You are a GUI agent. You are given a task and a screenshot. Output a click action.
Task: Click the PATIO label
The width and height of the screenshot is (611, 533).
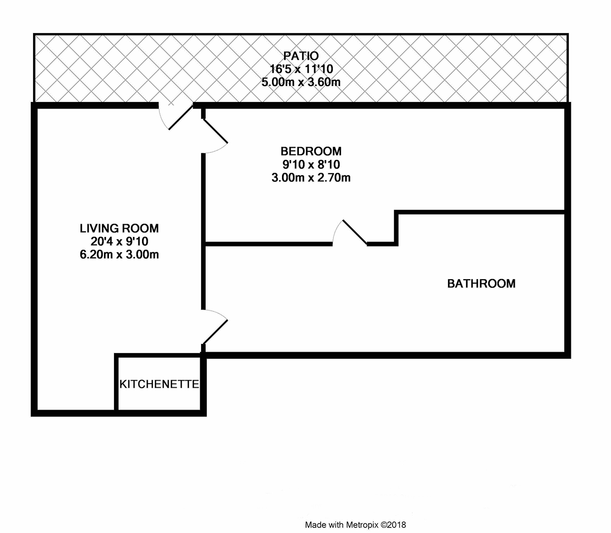(x=301, y=56)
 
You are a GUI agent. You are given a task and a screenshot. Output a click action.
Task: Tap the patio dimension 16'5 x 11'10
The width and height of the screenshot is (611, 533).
(x=301, y=69)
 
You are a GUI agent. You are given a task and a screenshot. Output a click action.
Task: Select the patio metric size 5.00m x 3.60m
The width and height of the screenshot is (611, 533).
(x=301, y=82)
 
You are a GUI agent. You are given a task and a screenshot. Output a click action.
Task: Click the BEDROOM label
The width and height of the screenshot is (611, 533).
(x=311, y=151)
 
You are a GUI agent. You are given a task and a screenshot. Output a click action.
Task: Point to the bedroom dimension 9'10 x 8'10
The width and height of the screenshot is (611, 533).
(x=311, y=165)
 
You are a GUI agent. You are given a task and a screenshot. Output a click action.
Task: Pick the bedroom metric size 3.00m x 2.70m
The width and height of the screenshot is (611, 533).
(x=311, y=178)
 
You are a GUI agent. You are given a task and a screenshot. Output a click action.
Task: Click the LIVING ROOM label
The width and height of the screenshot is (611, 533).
(x=119, y=229)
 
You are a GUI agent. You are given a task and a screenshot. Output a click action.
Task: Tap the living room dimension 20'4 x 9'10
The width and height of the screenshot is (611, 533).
(x=119, y=242)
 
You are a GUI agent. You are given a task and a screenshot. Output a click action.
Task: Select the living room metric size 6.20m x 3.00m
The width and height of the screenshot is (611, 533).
(x=119, y=255)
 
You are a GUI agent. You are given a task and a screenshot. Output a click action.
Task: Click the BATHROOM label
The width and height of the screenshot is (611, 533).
(x=481, y=283)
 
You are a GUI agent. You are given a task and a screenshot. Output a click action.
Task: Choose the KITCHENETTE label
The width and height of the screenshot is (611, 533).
(x=159, y=384)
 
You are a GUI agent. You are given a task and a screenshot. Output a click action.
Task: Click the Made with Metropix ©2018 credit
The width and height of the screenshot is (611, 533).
(x=355, y=525)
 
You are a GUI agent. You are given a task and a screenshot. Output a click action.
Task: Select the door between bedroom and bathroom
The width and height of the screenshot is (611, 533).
(x=350, y=232)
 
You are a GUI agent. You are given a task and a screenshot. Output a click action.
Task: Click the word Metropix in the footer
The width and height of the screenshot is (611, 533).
(x=362, y=525)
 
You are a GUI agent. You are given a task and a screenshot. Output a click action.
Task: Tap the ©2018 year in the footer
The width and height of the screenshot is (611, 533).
(x=393, y=525)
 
